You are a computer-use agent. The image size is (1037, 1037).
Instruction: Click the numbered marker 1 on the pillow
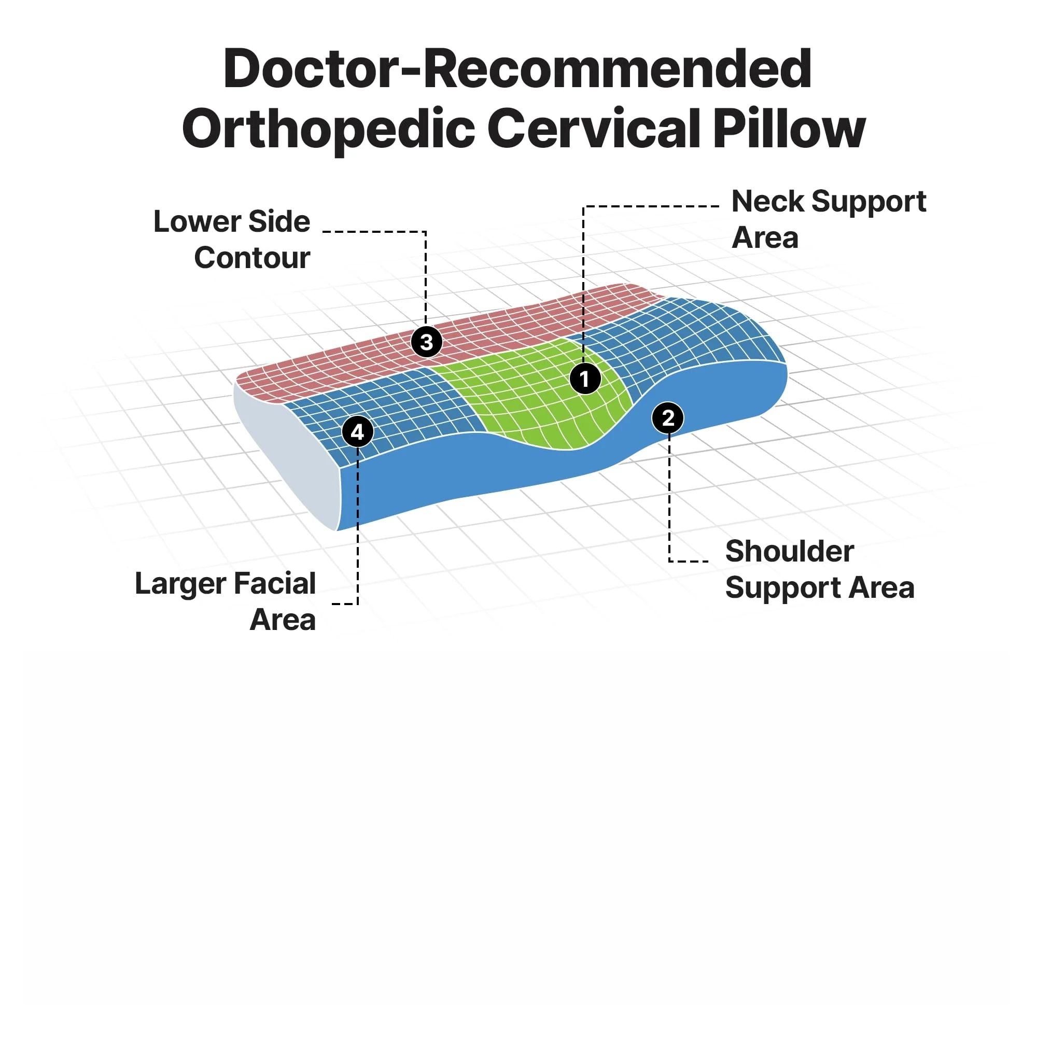(585, 379)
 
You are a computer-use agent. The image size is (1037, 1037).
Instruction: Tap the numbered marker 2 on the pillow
(668, 418)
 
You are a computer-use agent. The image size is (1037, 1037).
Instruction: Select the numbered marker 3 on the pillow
(426, 342)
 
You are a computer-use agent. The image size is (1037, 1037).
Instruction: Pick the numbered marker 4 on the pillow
(357, 431)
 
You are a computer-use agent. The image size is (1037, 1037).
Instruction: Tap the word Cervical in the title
(594, 129)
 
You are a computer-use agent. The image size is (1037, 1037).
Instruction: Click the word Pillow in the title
(789, 129)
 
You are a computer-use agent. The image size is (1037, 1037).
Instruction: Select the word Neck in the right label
(767, 202)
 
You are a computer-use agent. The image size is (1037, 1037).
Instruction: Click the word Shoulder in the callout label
(790, 551)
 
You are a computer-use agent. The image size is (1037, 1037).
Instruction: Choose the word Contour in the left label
(252, 258)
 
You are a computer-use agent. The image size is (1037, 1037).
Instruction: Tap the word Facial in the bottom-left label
(274, 584)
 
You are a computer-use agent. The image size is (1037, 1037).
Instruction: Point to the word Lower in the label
(197, 222)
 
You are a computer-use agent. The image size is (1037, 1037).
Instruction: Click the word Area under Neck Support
(765, 238)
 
